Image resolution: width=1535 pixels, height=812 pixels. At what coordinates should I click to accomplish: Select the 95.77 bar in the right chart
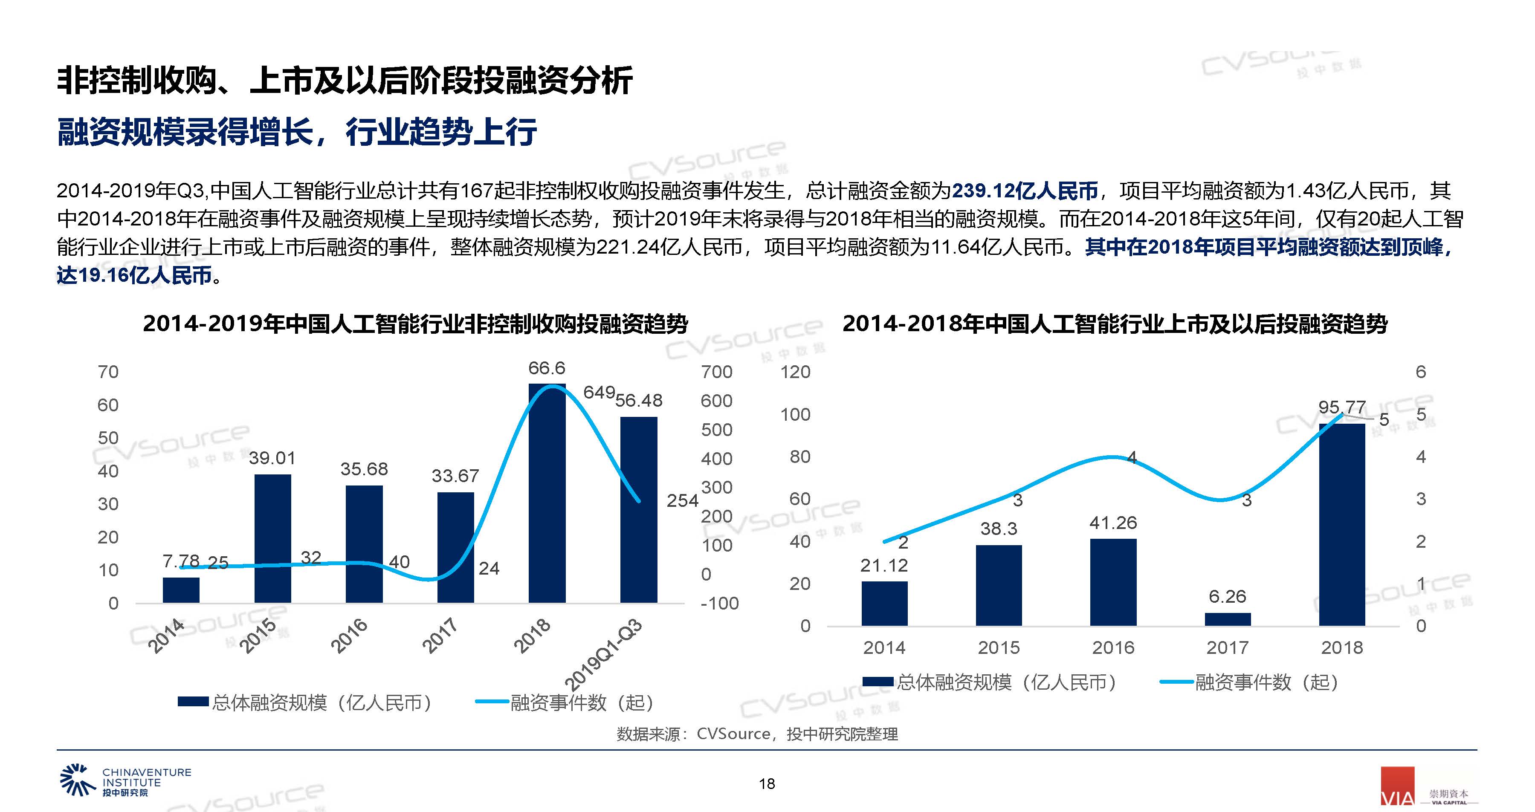pyautogui.click(x=1341, y=524)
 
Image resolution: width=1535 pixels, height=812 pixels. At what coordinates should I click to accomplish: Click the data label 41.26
pyautogui.click(x=1113, y=523)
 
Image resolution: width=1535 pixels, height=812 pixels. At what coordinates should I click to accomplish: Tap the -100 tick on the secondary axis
pyautogui.click(x=719, y=604)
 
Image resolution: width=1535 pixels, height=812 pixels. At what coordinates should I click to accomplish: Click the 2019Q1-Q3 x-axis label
pyautogui.click(x=604, y=654)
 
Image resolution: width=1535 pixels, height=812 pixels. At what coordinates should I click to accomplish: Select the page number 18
pyautogui.click(x=767, y=784)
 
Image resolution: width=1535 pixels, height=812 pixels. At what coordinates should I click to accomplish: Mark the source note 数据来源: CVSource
pyautogui.click(x=757, y=734)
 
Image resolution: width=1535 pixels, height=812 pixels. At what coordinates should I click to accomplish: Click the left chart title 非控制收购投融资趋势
pyautogui.click(x=415, y=324)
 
